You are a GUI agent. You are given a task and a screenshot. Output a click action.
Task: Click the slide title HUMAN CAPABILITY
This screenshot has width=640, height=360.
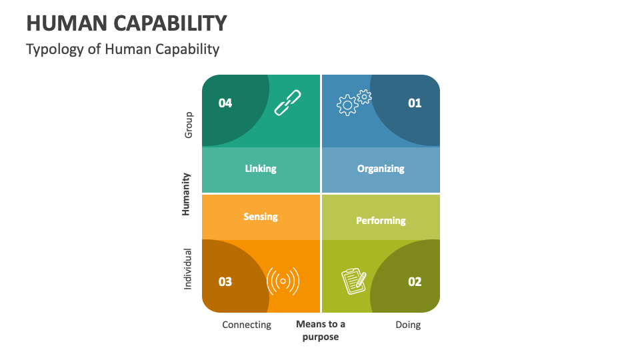[127, 23]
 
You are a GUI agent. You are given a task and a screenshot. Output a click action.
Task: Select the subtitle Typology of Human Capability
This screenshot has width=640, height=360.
[123, 49]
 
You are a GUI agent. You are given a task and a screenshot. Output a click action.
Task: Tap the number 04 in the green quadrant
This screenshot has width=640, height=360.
[225, 103]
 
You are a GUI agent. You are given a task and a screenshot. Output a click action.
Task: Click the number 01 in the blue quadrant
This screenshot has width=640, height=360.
[415, 103]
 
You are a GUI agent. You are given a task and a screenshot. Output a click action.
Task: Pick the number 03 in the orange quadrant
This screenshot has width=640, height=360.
[225, 281]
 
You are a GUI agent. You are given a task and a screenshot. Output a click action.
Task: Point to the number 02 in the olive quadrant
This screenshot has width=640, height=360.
[415, 281]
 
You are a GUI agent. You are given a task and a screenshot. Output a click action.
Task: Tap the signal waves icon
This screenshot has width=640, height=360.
[283, 281]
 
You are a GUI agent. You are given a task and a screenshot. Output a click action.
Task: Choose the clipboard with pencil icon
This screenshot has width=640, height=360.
[354, 281]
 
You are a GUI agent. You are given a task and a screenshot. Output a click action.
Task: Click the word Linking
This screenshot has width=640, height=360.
[261, 169]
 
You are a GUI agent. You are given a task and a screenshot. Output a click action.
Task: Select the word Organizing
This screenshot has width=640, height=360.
[381, 169]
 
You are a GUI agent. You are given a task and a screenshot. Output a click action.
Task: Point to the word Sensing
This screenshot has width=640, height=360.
[261, 217]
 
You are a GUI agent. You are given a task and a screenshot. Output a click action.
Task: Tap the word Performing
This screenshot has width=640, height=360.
[381, 221]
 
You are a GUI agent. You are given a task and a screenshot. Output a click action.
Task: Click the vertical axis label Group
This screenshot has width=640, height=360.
[188, 125]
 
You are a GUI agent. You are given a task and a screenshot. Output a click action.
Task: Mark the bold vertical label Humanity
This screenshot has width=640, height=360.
[187, 194]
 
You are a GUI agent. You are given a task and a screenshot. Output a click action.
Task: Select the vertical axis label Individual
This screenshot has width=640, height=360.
[188, 269]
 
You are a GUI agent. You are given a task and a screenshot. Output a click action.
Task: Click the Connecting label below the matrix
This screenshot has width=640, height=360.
[247, 325]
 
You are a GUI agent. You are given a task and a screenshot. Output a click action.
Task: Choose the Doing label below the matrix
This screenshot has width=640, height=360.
[408, 325]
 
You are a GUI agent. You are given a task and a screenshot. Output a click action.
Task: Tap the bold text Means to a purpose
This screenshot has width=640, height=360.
[321, 330]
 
